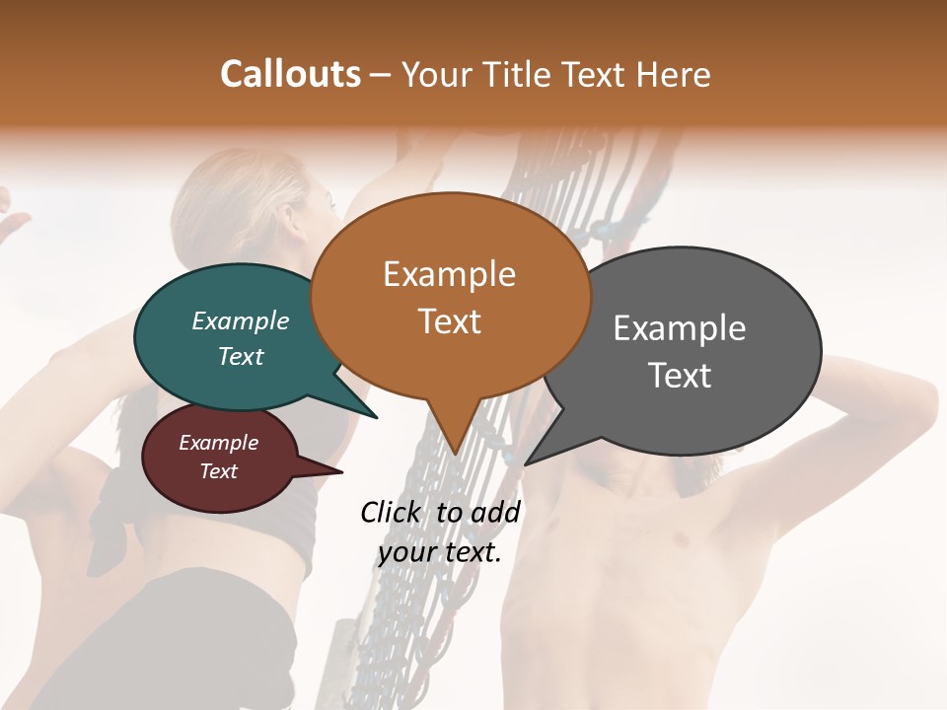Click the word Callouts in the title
pyautogui.click(x=290, y=74)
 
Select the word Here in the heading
pyautogui.click(x=670, y=75)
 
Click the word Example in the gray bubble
pyautogui.click(x=680, y=328)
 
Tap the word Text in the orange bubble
pyautogui.click(x=450, y=321)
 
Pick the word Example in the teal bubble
pyautogui.click(x=241, y=320)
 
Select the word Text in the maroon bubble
pyautogui.click(x=219, y=471)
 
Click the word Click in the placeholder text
pyautogui.click(x=394, y=512)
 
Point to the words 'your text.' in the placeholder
pyautogui.click(x=440, y=552)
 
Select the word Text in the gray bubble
pyautogui.click(x=680, y=376)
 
